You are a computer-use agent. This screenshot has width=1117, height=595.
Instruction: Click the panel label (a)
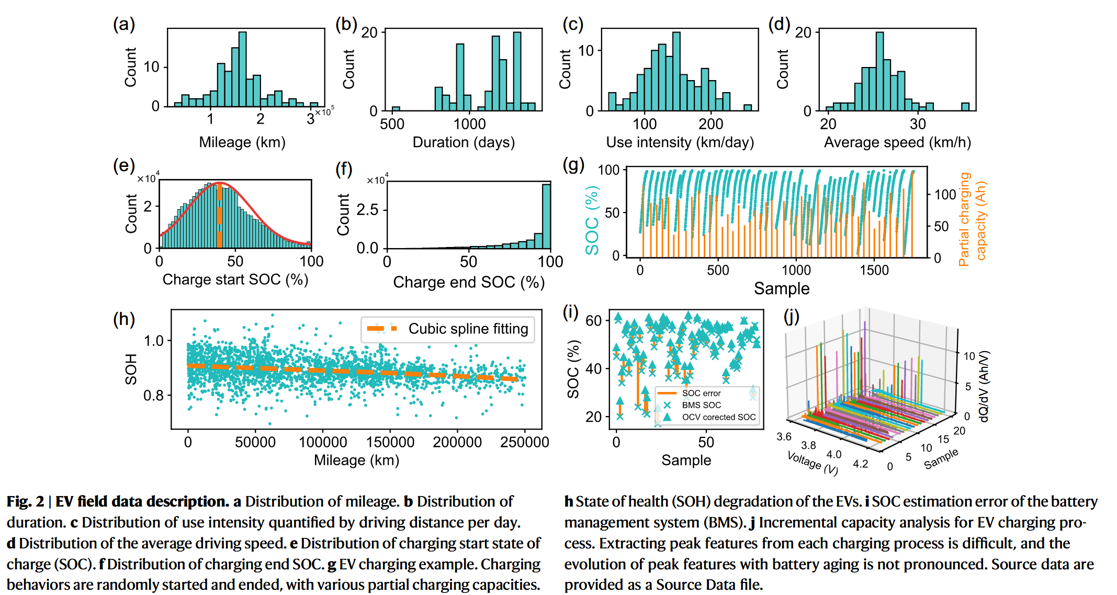124,24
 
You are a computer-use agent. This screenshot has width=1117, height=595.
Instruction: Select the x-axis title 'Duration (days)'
464,142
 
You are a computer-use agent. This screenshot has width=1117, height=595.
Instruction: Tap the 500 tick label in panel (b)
392,124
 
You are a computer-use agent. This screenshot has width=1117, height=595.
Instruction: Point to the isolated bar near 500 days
396,109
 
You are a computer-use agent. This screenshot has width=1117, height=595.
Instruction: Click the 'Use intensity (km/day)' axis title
680,142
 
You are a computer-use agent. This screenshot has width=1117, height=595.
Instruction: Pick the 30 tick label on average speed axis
918,124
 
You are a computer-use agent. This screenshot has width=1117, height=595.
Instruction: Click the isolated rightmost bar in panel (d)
965,107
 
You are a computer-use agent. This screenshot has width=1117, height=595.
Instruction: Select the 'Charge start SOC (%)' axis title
235,279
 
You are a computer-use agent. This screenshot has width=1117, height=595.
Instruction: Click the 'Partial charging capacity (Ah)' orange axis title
972,220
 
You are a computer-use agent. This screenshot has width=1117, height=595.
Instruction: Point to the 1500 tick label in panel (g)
874,270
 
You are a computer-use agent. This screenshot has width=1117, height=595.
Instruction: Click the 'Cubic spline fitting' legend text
468,329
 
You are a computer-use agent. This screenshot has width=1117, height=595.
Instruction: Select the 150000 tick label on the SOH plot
390,442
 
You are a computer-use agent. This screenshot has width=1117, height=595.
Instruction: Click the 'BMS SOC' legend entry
701,405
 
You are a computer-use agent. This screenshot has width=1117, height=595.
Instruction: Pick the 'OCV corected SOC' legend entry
718,417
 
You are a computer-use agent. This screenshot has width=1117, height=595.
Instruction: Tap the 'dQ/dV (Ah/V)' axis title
984,386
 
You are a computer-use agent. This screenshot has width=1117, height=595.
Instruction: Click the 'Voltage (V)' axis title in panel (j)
813,463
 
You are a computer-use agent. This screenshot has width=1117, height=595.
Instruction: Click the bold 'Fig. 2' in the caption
25,501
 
